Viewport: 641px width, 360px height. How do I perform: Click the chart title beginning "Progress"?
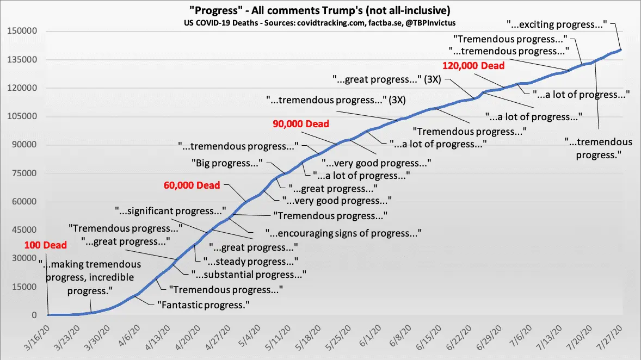[x=320, y=11]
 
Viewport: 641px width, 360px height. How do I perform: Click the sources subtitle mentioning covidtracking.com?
[x=320, y=23]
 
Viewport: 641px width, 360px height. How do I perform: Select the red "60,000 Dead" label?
[x=192, y=185]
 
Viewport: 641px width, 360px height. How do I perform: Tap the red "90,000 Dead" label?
[x=301, y=124]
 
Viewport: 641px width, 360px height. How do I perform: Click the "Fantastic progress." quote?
[x=203, y=305]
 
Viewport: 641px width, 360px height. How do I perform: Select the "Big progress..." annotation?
[x=226, y=163]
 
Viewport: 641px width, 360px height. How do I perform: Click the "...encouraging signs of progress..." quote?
[x=344, y=233]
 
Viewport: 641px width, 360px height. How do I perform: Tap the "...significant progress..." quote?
[x=170, y=210]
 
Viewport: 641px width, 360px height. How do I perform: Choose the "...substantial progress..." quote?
[x=248, y=275]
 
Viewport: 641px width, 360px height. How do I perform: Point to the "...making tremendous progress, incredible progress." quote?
[x=90, y=277]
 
